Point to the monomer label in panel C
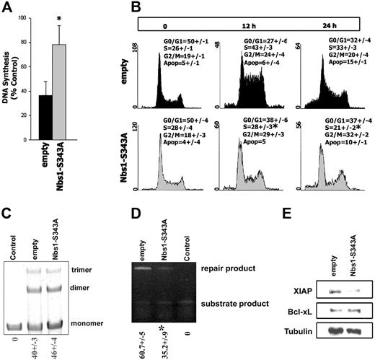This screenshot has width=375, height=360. point(121,316)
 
